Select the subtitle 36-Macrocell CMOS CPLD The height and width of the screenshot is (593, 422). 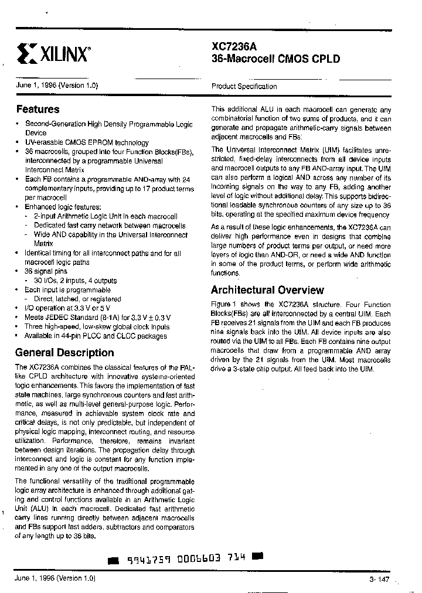pyautogui.click(x=275, y=59)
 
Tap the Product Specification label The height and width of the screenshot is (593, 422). pyautogui.click(x=244, y=86)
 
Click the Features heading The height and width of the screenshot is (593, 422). pyautogui.click(x=38, y=109)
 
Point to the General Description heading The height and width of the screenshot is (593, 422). pyautogui.click(x=64, y=353)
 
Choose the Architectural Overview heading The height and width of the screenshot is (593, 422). pyautogui.click(x=267, y=290)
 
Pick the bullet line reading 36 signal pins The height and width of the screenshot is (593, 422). pyautogui.click(x=46, y=271)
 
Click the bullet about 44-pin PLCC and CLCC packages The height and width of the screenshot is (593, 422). pyautogui.click(x=96, y=336)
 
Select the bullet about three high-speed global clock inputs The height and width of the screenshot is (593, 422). pyautogui.click(x=97, y=326)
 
